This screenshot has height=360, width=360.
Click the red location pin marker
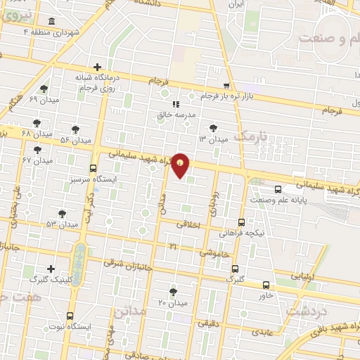tap(181, 166)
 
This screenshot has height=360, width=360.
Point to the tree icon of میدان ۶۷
tap(37, 149)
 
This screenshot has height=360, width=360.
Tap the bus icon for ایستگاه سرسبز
tap(94, 168)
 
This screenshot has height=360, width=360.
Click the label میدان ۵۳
tap(61, 224)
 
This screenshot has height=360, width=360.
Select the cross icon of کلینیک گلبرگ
tap(51, 268)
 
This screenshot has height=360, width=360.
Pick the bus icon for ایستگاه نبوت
tap(70, 316)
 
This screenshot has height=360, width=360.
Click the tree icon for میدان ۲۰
tap(173, 291)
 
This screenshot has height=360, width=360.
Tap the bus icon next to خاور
tap(265, 285)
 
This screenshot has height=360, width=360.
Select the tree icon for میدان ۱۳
tap(213, 128)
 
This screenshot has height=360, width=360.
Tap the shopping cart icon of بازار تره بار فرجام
tap(226, 84)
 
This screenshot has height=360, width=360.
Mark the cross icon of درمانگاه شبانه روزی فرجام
tap(97, 67)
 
